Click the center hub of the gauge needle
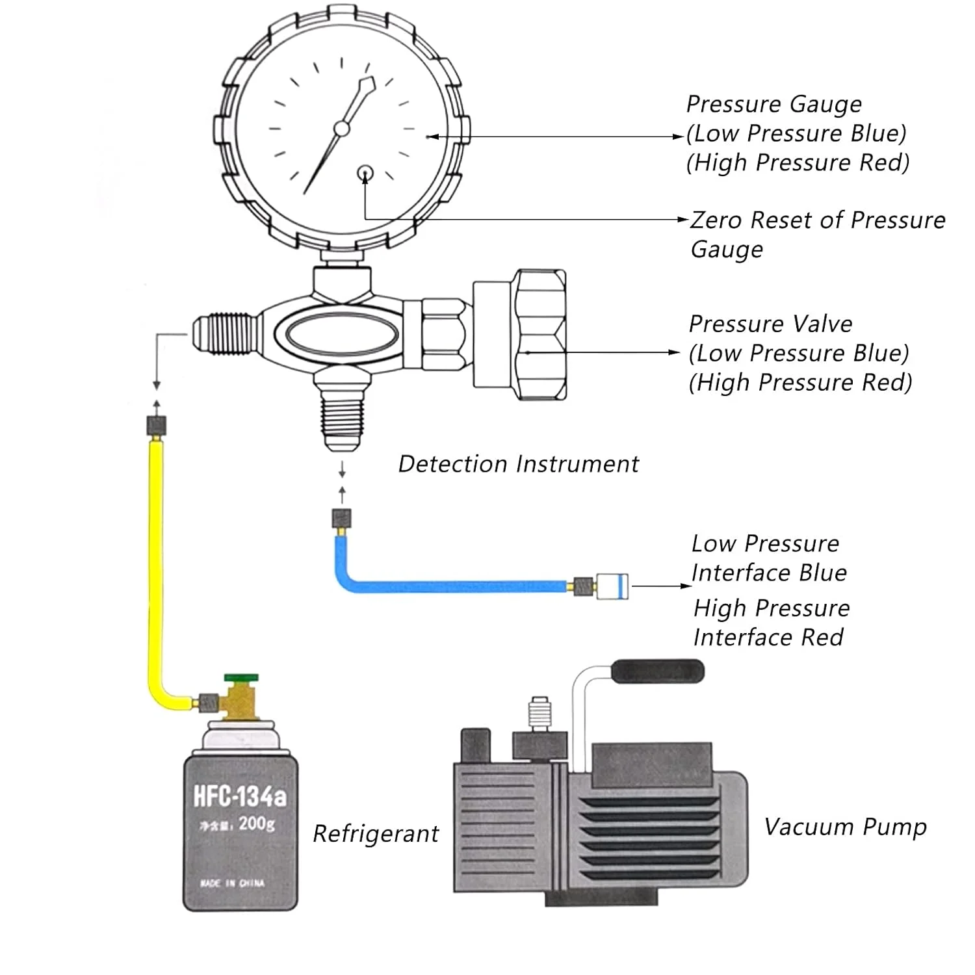coord(341,128)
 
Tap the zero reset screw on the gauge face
coord(365,173)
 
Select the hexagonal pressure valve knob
coord(539,335)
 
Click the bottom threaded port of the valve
coord(342,416)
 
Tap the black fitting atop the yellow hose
coord(156,426)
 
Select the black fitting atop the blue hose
coord(342,518)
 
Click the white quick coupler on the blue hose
coord(612,586)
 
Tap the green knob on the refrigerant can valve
coord(241,679)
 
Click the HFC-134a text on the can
coord(240,796)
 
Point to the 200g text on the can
coord(257,824)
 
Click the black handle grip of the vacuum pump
coord(659,671)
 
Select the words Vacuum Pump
coord(845,827)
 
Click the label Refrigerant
coord(376,834)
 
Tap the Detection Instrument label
coord(518,464)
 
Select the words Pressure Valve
coord(770,324)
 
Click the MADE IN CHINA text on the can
coord(233,883)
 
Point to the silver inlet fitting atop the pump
coord(539,713)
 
